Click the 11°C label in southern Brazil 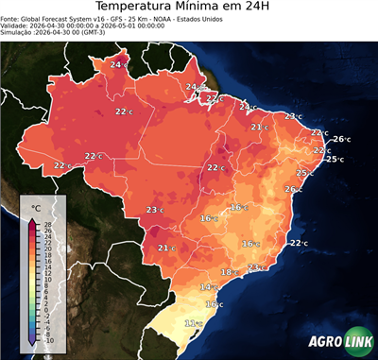click(x=193, y=324)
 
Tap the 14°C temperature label click(x=209, y=286)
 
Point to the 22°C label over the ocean click(x=299, y=243)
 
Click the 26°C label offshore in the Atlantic click(x=340, y=140)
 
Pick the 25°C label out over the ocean click(x=335, y=159)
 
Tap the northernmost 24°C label click(x=118, y=64)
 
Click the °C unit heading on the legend click(x=36, y=207)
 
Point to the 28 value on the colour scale click(x=48, y=223)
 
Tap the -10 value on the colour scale click(x=48, y=340)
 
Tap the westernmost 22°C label click(x=62, y=165)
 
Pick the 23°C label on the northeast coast click(x=293, y=116)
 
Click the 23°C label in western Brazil click(x=155, y=210)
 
